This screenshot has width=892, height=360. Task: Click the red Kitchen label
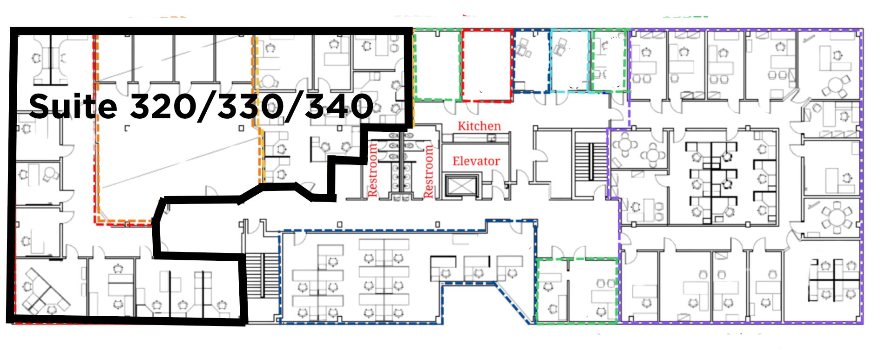click(479, 126)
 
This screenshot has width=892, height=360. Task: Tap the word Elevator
click(476, 161)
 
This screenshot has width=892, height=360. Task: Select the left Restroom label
click(372, 170)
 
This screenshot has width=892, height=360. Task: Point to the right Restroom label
click(428, 171)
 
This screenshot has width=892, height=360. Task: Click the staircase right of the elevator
click(591, 162)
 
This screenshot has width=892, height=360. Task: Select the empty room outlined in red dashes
click(487, 65)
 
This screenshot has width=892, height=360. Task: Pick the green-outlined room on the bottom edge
click(577, 290)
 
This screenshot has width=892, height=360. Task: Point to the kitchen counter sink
click(491, 137)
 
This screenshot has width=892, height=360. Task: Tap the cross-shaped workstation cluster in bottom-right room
click(834, 279)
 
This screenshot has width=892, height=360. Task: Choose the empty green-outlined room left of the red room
click(437, 64)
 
